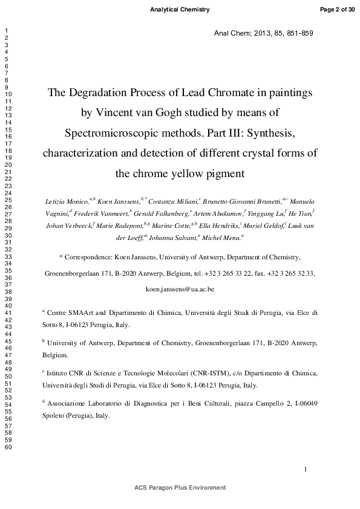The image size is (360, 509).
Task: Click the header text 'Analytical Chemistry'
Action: (x=180, y=10)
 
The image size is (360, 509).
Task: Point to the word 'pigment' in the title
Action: (x=222, y=173)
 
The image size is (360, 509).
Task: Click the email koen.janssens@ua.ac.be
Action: (x=180, y=290)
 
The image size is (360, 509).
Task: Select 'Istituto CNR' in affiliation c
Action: (x=66, y=374)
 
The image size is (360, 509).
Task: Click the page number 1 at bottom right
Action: (x=306, y=468)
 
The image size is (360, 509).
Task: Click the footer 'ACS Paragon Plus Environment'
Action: (x=180, y=487)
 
